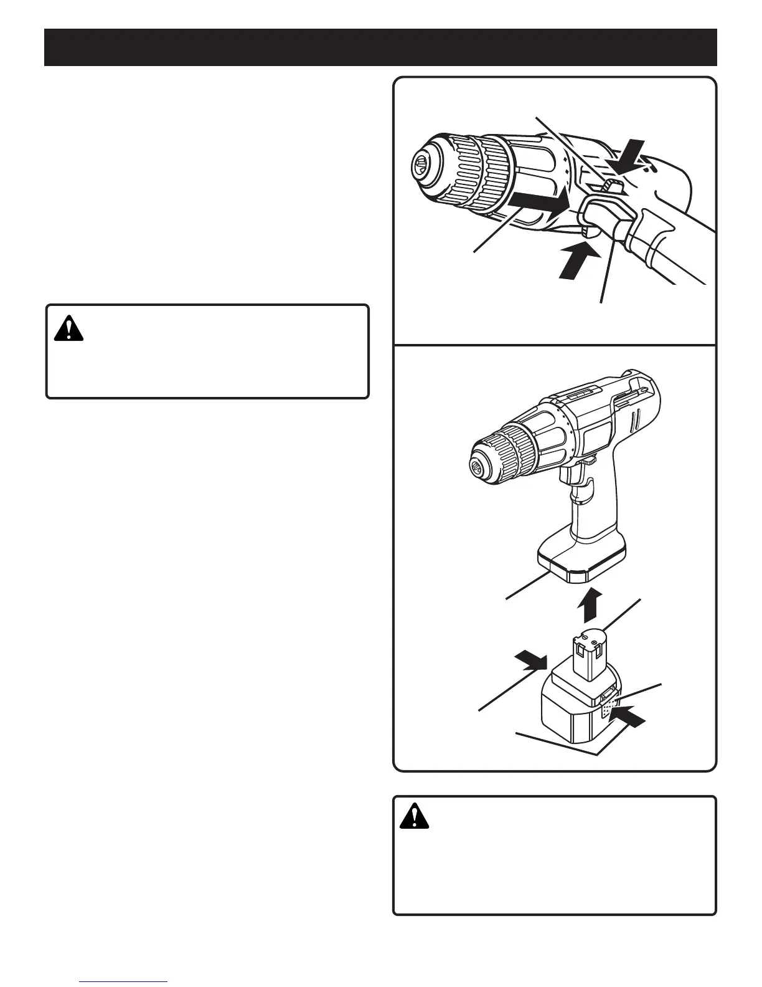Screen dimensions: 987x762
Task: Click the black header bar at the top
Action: point(380,47)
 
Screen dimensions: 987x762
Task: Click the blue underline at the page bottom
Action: point(124,981)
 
